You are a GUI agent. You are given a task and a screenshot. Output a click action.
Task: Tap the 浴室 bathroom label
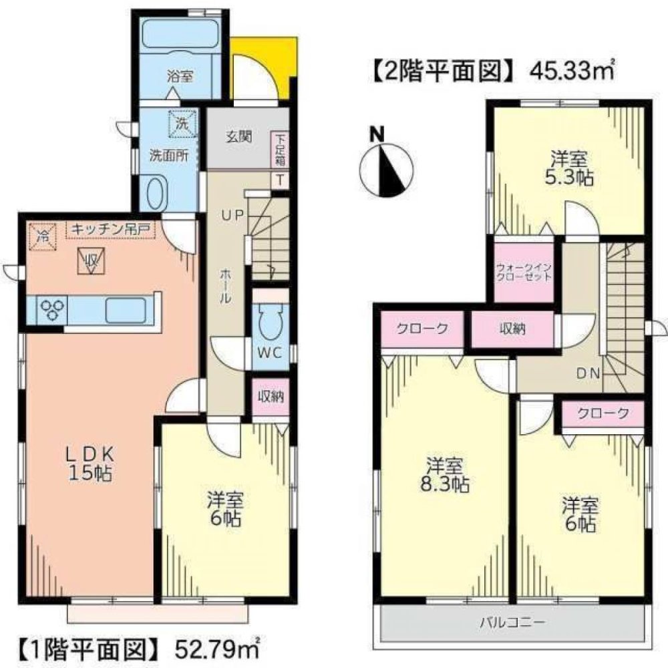click(x=180, y=77)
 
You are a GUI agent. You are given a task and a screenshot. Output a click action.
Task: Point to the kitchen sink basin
click(x=128, y=309)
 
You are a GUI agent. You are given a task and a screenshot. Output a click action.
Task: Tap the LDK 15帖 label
click(x=88, y=464)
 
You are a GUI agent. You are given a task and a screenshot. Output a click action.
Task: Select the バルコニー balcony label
click(x=512, y=623)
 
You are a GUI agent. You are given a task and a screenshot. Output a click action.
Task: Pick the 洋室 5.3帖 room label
click(x=569, y=168)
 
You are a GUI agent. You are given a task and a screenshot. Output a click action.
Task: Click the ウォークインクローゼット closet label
click(x=524, y=273)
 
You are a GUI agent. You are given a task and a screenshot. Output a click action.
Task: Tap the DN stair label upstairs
click(x=587, y=373)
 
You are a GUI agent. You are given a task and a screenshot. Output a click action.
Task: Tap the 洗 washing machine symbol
click(x=182, y=122)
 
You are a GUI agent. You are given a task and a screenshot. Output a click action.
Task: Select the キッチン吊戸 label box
click(x=110, y=230)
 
